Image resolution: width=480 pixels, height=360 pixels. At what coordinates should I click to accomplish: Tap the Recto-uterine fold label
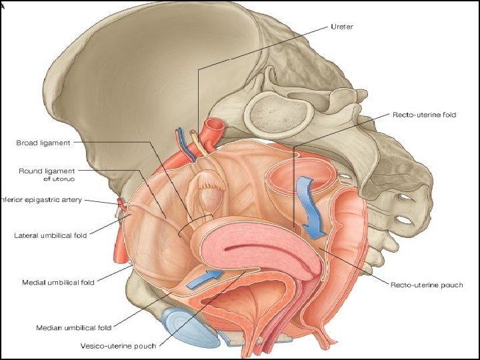point(424,115)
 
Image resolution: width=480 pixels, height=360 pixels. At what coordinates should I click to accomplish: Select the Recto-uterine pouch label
point(425,285)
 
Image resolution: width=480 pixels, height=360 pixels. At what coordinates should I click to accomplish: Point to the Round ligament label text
point(47,171)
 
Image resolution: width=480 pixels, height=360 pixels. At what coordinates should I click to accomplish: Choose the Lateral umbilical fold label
point(50,235)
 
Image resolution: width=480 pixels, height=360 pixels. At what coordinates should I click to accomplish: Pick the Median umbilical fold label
point(73,327)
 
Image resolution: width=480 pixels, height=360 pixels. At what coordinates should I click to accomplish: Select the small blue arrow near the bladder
point(205,278)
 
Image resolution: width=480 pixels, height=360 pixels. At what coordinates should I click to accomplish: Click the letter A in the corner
point(3,3)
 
